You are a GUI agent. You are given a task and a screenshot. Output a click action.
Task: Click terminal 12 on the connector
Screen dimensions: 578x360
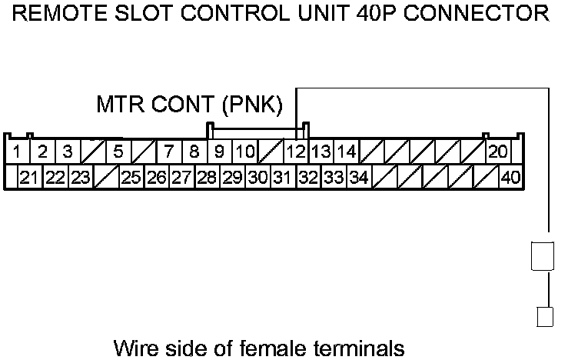click(x=296, y=151)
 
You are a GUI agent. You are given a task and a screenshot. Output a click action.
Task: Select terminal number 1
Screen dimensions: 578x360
click(x=17, y=151)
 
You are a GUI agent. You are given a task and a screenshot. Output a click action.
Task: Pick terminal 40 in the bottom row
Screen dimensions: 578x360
click(x=510, y=178)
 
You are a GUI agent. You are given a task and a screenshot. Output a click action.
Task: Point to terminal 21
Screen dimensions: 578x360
click(x=29, y=178)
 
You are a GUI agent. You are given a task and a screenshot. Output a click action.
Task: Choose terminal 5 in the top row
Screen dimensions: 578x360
click(x=118, y=151)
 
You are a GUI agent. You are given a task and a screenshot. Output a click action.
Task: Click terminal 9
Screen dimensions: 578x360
click(x=219, y=151)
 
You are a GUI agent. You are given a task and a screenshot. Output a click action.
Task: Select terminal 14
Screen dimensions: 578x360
click(x=347, y=151)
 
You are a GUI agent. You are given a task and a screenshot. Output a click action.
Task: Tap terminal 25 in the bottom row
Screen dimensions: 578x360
click(x=131, y=178)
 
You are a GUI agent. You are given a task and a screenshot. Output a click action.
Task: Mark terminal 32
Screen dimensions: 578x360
click(x=308, y=178)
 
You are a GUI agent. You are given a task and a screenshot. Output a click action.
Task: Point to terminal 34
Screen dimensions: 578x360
click(x=358, y=178)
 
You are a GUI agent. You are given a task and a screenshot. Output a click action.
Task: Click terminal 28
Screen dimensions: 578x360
click(x=206, y=178)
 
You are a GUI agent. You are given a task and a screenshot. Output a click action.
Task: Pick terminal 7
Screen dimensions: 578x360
click(x=168, y=151)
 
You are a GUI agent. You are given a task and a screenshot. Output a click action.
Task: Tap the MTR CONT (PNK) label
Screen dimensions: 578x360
click(x=190, y=103)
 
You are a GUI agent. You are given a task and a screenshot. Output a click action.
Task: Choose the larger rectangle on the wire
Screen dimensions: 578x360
click(x=542, y=256)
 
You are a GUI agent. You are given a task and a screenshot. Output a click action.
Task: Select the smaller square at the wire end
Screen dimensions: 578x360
click(x=544, y=317)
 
